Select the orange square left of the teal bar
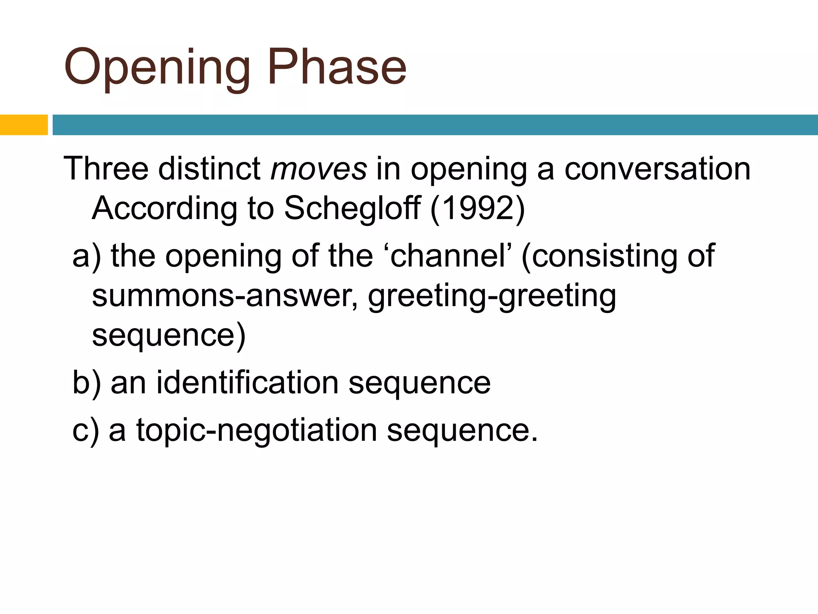24,125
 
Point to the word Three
106,169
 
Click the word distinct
209,169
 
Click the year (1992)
478,209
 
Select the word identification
248,383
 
